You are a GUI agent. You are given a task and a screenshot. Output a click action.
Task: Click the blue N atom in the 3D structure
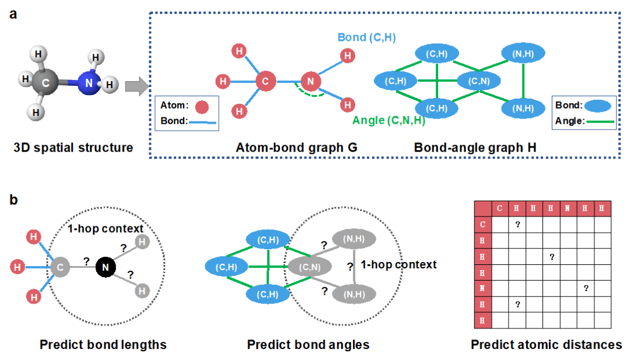88,83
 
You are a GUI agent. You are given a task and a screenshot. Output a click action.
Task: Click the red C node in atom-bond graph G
265,82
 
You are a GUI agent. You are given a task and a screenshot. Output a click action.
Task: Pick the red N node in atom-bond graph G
310,82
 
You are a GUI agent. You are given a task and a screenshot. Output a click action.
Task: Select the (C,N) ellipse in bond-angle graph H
477,81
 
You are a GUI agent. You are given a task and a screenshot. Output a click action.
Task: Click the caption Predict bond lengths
103,344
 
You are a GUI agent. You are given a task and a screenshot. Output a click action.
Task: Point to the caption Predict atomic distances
547,344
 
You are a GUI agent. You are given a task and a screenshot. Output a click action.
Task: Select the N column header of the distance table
568,208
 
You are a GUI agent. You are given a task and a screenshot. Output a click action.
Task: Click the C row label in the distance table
482,223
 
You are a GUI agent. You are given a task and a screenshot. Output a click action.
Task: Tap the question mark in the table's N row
586,287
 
